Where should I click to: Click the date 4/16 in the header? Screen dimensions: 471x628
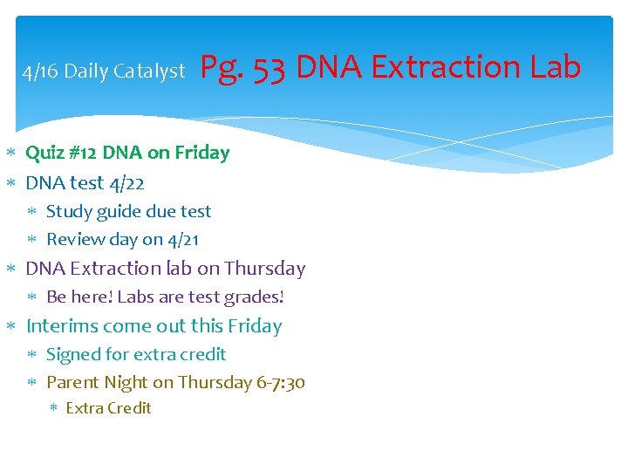40,72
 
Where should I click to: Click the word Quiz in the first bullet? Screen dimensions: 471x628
44,153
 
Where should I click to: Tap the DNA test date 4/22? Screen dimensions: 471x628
126,183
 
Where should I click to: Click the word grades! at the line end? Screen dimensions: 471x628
254,297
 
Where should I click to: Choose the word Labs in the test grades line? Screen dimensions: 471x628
135,297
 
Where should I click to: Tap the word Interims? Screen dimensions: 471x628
62,326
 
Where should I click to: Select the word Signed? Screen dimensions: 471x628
73,355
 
